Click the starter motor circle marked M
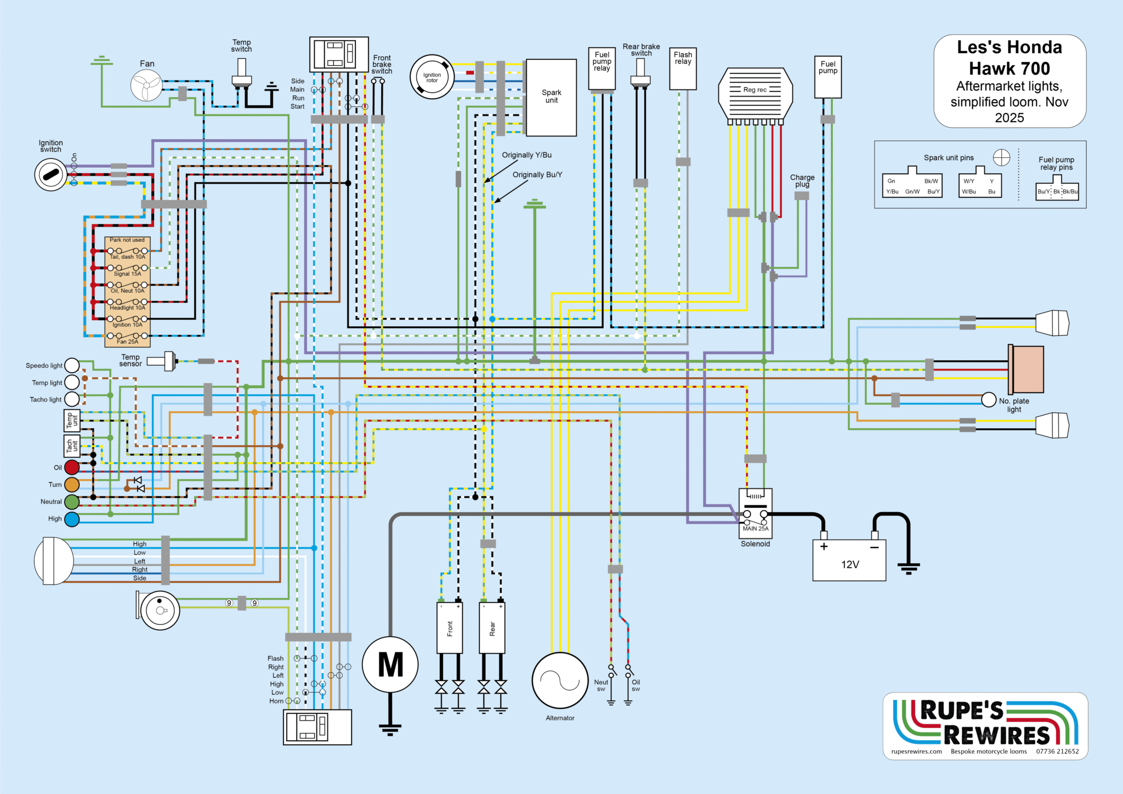point(390,665)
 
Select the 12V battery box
point(849,560)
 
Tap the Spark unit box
point(551,97)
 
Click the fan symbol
point(146,86)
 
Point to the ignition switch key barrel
point(51,175)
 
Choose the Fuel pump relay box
point(602,69)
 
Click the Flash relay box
point(683,69)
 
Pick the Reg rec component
point(755,93)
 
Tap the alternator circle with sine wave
point(560,680)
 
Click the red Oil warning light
point(72,467)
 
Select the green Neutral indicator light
point(72,502)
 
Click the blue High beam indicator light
point(72,519)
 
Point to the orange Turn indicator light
point(72,485)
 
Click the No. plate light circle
point(988,400)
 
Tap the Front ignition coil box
point(450,628)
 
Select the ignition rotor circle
point(432,77)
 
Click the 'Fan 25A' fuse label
point(127,342)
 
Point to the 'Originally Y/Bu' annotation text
point(526,155)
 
